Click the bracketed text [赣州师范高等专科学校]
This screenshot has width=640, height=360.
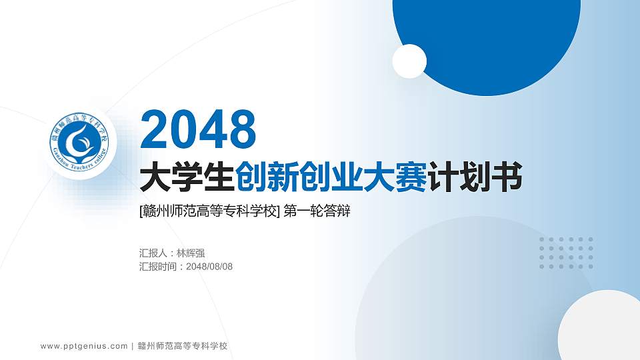209,212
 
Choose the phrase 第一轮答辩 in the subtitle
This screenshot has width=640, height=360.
317,212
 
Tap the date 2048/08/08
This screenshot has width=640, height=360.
209,267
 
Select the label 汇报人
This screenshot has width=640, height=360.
153,253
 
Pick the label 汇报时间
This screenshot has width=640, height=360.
159,267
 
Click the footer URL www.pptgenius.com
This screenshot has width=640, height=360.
84,346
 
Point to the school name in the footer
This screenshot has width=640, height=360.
183,346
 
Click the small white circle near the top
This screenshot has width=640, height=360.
409,61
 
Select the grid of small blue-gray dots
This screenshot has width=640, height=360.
566,253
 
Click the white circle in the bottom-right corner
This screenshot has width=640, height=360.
600,327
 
